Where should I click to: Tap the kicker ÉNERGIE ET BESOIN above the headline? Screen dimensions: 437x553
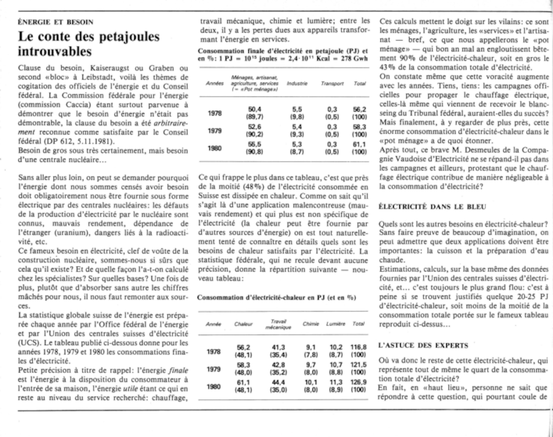pos(56,22)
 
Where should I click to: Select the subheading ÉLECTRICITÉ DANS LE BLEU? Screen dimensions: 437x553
pos(432,207)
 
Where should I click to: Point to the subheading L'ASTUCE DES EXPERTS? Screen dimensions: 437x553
pos(423,345)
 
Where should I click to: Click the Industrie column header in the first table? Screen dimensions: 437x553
pos(297,84)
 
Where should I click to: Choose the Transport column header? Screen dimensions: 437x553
pos(332,84)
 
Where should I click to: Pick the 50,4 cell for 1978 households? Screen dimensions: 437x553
pos(254,110)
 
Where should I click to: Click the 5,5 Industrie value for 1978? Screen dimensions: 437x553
pos(297,110)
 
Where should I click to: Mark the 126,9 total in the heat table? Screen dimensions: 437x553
pos(358,382)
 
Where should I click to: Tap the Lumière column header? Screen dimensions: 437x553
pos(335,324)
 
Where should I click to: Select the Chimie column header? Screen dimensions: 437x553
pos(311,324)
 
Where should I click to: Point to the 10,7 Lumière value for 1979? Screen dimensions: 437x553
pos(336,365)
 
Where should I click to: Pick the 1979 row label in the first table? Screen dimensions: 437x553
pos(215,131)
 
